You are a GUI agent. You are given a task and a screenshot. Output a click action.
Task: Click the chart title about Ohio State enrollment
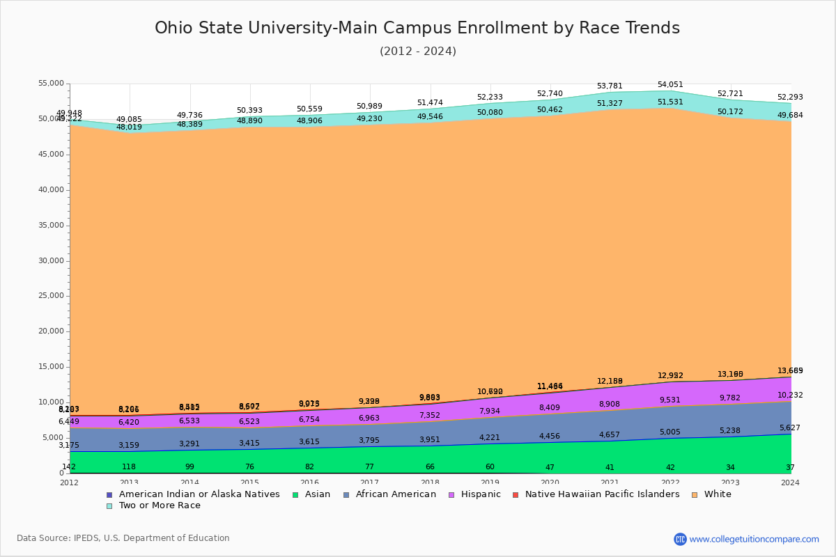tap(417, 28)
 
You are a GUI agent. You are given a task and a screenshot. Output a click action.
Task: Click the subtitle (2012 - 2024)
tap(417, 52)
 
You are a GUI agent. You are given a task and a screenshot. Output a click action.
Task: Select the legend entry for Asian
tap(316, 494)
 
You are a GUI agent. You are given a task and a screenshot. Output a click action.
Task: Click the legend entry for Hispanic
tap(477, 494)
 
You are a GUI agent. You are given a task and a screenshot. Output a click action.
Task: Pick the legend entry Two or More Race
tap(160, 505)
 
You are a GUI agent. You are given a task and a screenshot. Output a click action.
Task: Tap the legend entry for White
tap(718, 494)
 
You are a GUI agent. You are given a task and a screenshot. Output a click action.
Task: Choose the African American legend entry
tap(396, 494)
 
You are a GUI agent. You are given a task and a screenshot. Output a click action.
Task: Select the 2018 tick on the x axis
tap(430, 483)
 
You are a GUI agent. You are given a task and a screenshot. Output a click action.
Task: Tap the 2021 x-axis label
tap(610, 483)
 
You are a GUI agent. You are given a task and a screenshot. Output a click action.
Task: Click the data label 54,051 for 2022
tap(670, 85)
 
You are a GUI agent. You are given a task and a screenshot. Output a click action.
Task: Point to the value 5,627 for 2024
tap(791, 428)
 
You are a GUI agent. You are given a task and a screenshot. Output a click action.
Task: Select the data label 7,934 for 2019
tap(490, 411)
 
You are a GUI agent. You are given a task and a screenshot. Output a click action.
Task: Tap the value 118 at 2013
tap(129, 467)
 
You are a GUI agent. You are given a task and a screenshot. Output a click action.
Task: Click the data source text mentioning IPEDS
tap(123, 538)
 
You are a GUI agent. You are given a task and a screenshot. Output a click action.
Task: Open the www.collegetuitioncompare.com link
tap(754, 539)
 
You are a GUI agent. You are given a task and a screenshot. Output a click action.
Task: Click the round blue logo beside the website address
tap(680, 539)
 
